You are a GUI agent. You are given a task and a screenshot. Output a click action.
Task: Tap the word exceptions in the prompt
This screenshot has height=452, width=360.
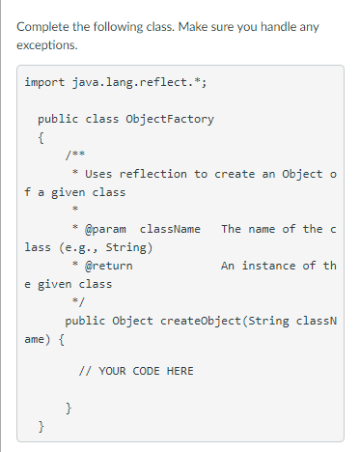point(48,44)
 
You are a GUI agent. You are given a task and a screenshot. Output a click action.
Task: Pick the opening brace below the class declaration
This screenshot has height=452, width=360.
point(41,137)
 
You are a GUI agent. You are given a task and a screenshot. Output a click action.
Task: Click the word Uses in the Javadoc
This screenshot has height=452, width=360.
point(98,174)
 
